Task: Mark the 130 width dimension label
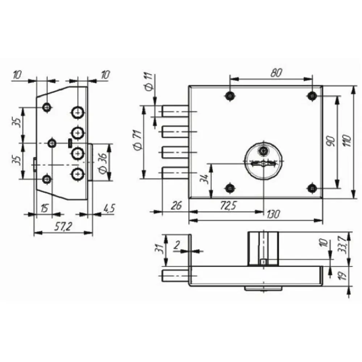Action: pos(273,215)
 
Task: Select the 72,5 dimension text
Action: pos(227,206)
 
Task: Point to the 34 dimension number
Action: pos(205,178)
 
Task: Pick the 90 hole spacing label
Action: pos(330,140)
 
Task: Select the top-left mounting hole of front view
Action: pos(230,96)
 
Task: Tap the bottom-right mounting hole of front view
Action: pos(312,188)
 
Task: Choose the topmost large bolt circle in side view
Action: pos(77,113)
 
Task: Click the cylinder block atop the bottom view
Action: pos(263,249)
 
